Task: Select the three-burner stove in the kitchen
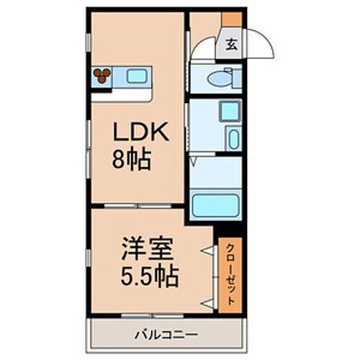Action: (x=102, y=75)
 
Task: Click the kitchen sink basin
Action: (x=136, y=74)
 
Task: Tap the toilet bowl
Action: (x=219, y=78)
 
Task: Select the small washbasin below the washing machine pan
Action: (x=233, y=139)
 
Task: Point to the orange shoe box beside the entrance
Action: (x=231, y=19)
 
